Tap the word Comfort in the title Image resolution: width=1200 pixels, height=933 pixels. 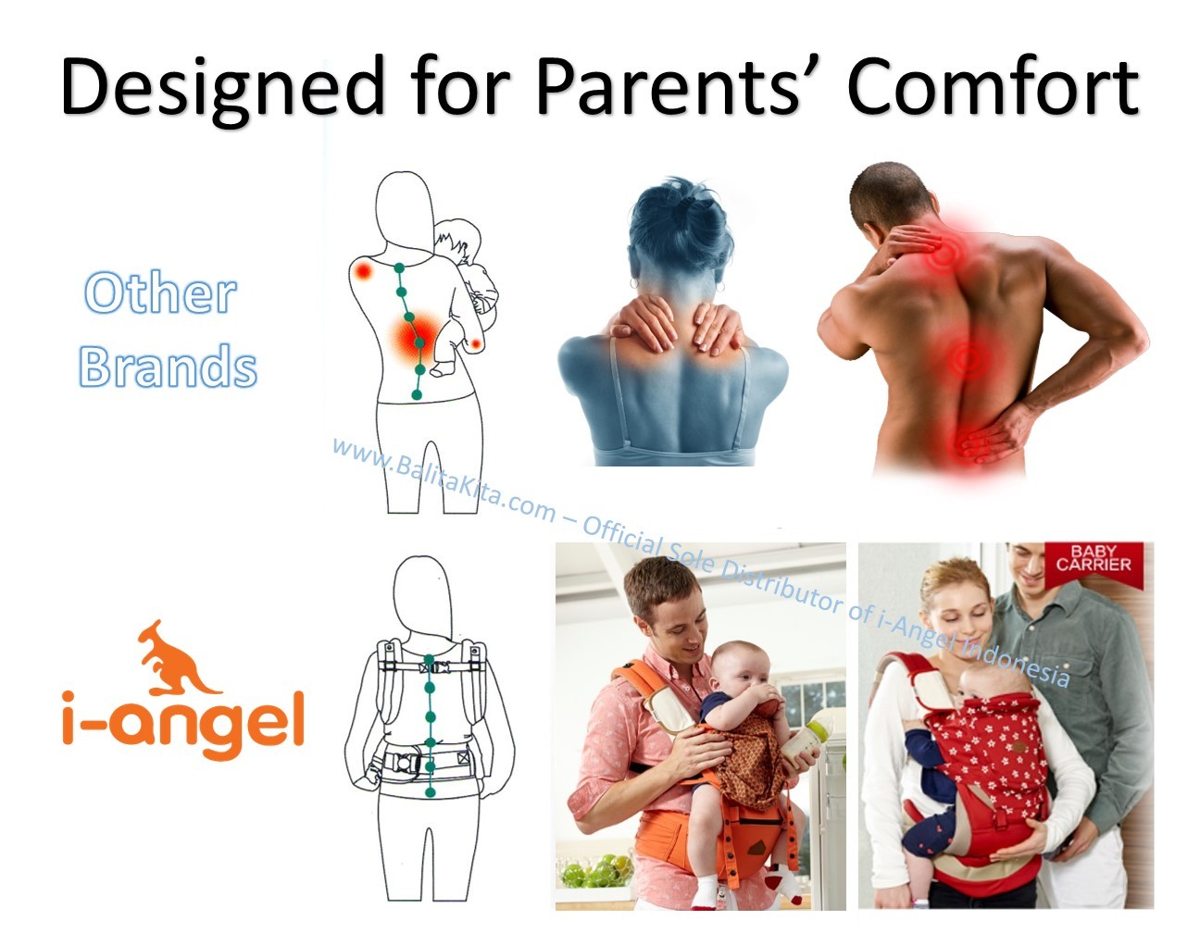coord(993,88)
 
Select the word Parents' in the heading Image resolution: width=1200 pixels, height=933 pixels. coord(669,88)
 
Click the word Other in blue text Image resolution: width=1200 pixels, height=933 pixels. coord(161,292)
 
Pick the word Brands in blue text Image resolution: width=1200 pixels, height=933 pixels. coord(168,365)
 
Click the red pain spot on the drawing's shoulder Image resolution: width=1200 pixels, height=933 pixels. coord(363,271)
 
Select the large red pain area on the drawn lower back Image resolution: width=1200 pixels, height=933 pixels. coord(415,338)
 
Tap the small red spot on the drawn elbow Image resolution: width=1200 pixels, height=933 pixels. coord(476,344)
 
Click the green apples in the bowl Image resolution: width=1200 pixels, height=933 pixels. coord(596,871)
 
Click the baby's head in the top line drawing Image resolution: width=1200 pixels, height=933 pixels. coord(457,239)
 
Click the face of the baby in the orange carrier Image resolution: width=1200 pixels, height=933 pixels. coord(737,672)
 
